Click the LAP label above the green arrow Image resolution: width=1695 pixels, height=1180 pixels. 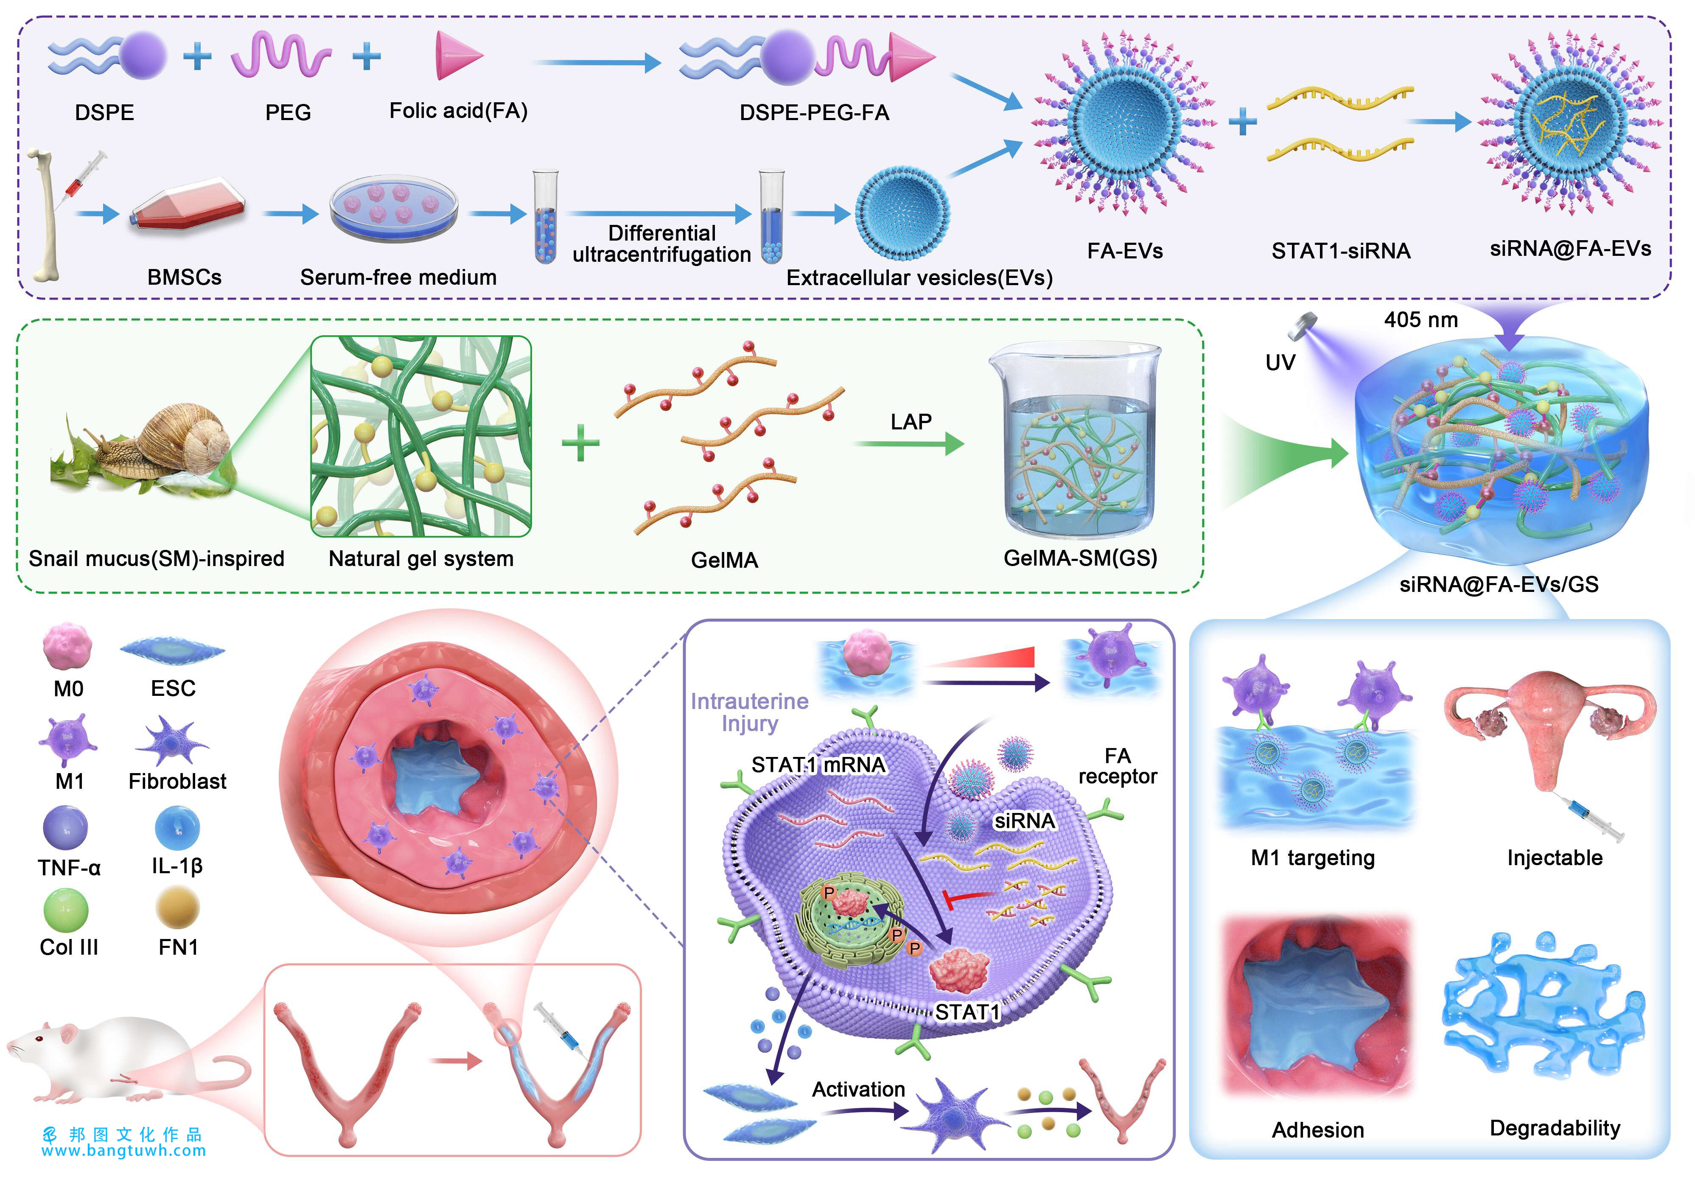[910, 422]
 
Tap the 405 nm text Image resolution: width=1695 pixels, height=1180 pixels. [1420, 320]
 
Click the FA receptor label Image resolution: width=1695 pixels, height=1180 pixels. [1117, 766]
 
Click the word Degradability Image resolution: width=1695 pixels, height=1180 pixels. [1554, 1127]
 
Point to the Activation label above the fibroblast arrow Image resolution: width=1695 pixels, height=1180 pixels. [858, 1089]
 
